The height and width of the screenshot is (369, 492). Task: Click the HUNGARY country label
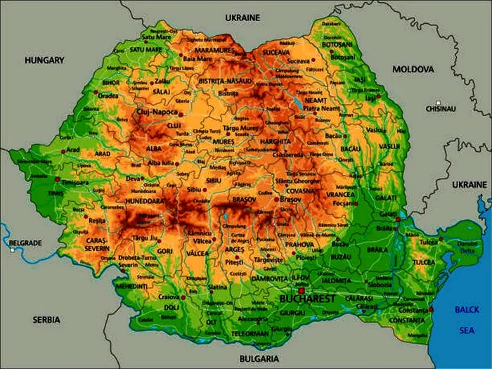[44, 60]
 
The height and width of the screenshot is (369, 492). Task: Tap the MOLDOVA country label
[413, 69]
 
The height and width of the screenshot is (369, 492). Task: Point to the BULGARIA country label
[259, 358]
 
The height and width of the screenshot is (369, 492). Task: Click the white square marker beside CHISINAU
[438, 102]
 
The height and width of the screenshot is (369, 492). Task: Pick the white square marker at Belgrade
[12, 250]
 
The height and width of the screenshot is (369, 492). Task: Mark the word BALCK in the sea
[466, 309]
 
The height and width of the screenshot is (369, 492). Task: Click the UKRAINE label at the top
[242, 17]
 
